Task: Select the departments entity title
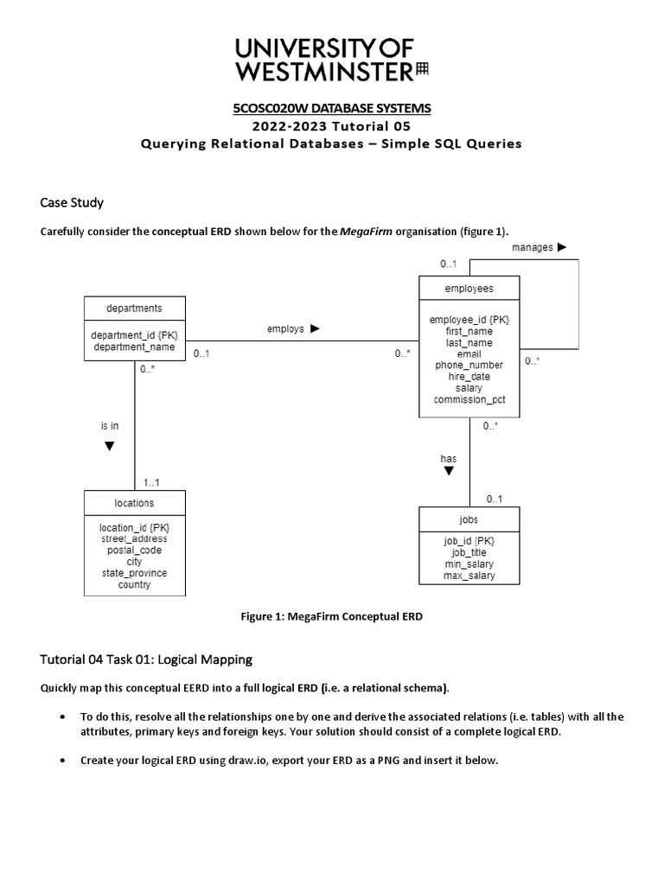pos(134,308)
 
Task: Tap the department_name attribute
pos(134,347)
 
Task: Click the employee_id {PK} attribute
pos(469,320)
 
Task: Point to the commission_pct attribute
pos(469,399)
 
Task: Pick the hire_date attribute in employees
pos(469,377)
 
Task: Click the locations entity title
pos(134,502)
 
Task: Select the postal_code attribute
pos(134,550)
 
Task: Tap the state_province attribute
pos(134,573)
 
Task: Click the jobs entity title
pos(469,519)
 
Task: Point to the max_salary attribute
pos(469,576)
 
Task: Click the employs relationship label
pos(285,328)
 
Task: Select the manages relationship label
pos(533,247)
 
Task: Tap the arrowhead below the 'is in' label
pos(109,447)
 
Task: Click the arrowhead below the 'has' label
pos(449,472)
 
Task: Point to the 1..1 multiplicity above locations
pos(151,482)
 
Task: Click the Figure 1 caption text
pos(331,615)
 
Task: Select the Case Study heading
pos(72,202)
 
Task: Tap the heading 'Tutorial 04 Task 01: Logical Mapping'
pos(146,659)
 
